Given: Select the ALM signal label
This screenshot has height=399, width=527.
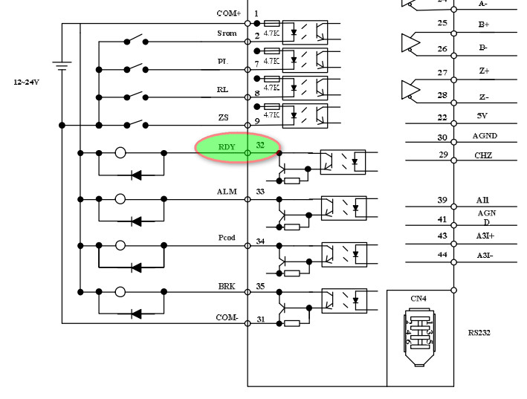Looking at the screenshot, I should point(227,192).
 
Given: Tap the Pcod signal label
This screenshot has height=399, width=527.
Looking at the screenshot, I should point(227,238).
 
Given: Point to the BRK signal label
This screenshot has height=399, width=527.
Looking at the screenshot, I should point(227,286).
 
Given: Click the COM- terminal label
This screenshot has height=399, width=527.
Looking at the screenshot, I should point(227,317).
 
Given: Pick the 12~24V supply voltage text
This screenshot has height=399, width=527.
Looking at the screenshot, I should point(26,82).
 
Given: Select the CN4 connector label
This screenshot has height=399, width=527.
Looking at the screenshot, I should point(418,299).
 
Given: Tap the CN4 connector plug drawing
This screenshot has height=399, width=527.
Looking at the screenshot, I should point(419,336).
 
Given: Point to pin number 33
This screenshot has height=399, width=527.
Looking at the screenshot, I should point(260,192).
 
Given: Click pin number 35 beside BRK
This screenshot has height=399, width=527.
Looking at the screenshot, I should point(260,286).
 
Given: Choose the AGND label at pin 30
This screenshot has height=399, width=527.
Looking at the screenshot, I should point(485,136).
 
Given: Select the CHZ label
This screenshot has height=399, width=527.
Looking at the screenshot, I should point(483,155).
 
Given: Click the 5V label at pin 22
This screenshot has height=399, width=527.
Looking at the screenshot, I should point(482,117).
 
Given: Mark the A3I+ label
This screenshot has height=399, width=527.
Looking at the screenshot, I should point(485,236).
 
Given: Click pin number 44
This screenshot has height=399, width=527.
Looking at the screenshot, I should point(442,255).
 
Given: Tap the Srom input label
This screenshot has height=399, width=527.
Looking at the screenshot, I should point(227,33).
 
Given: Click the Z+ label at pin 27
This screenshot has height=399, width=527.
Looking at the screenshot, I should point(484,71).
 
